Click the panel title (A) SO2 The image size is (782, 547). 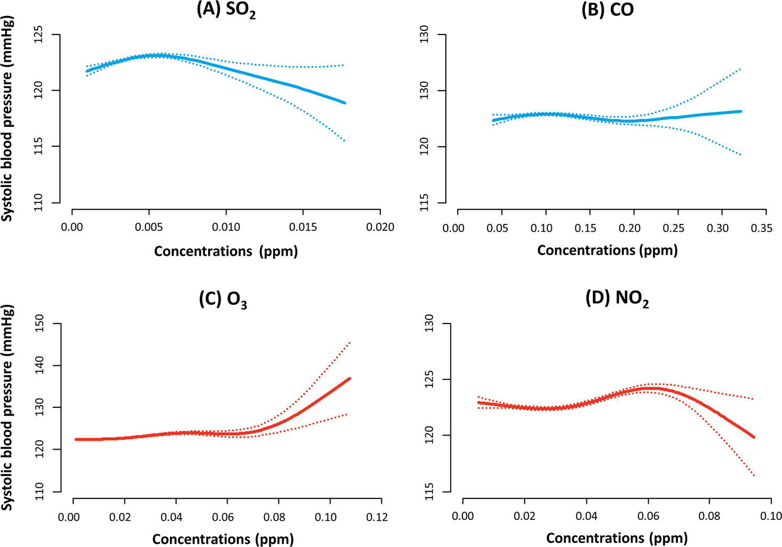coord(226,10)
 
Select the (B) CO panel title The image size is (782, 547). coord(607,10)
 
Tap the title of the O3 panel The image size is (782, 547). coord(223,299)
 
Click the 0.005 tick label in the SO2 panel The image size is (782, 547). coord(149,228)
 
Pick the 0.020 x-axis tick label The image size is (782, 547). coord(381,228)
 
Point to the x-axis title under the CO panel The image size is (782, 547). coord(607,250)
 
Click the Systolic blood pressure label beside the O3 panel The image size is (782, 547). coord(7,408)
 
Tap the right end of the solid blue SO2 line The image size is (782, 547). coord(345,103)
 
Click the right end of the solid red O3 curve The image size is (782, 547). coord(349,378)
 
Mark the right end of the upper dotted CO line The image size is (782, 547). coord(741,69)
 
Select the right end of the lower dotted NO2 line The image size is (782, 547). coord(754,475)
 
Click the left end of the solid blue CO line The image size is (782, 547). coord(493,120)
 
